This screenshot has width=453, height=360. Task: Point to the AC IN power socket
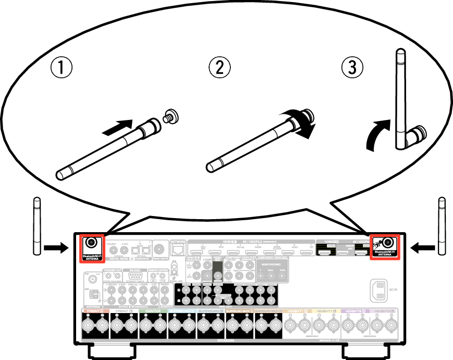(x=379, y=291)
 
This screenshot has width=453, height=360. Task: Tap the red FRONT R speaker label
(x=94, y=311)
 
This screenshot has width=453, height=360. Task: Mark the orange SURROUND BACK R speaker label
(x=239, y=311)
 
